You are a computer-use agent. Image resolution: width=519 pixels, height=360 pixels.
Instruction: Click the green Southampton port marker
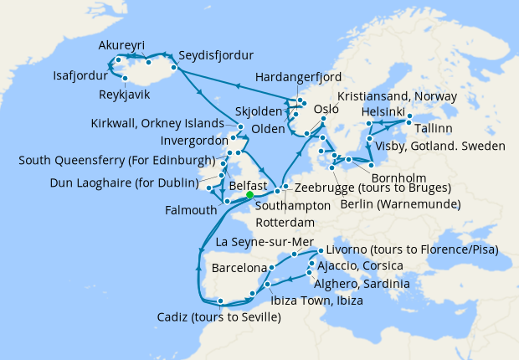click(x=249, y=196)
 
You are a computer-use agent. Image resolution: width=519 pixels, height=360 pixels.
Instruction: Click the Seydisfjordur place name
click(x=216, y=57)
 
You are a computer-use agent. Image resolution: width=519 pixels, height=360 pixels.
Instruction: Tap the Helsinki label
click(x=383, y=112)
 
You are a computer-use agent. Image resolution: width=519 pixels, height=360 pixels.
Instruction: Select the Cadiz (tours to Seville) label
click(x=218, y=317)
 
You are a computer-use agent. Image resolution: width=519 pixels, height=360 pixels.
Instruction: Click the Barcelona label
click(x=239, y=270)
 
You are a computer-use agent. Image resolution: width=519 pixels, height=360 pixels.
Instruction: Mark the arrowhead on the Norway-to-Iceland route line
click(x=238, y=85)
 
